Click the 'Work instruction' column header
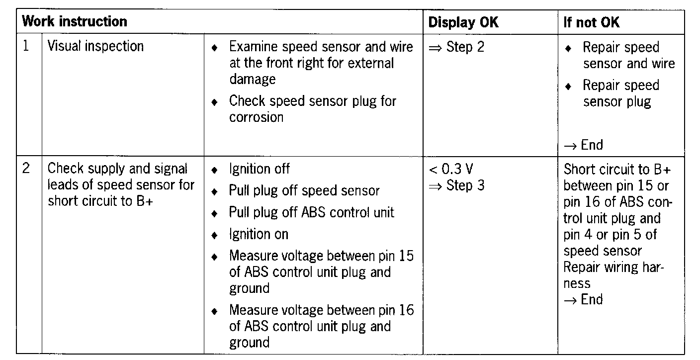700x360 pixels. pos(75,22)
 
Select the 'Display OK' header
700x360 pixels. pos(463,22)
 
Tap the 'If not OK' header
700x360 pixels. pos(591,23)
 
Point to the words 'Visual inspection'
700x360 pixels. pos(95,46)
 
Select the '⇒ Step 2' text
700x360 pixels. pos(456,47)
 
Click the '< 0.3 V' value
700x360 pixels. pos(451,170)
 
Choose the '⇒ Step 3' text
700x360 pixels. pos(456,185)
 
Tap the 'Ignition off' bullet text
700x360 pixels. pos(259,169)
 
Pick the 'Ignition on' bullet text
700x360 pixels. pos(259,234)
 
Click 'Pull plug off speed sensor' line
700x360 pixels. pos(304,190)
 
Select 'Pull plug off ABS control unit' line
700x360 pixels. pos(311,212)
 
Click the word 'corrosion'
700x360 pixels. pos(256,117)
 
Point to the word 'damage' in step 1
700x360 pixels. pos(252,79)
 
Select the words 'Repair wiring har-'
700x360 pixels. pos(613,267)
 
